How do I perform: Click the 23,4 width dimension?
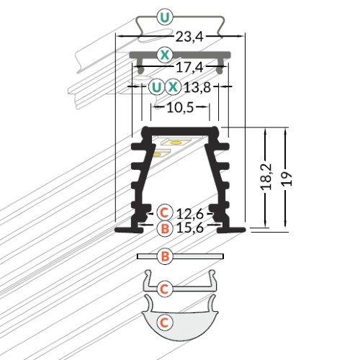click(x=189, y=37)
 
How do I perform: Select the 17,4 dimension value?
click(x=189, y=68)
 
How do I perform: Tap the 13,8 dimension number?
click(x=197, y=87)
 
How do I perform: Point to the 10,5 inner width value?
click(x=180, y=108)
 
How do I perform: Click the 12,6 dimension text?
click(x=190, y=214)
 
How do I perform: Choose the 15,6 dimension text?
click(x=190, y=228)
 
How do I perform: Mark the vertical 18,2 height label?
click(x=266, y=177)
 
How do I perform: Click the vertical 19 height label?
click(x=287, y=179)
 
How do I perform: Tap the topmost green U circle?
click(x=165, y=17)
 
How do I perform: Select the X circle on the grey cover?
click(x=165, y=55)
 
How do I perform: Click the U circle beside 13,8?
click(x=156, y=87)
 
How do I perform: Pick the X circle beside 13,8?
click(x=173, y=87)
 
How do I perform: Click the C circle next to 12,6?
click(x=165, y=212)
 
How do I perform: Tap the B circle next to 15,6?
click(x=165, y=228)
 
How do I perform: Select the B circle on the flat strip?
click(x=165, y=256)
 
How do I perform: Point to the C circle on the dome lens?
click(x=165, y=323)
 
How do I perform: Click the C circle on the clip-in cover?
click(x=165, y=289)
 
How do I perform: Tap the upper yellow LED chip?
click(x=176, y=143)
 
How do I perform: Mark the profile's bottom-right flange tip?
click(x=245, y=230)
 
